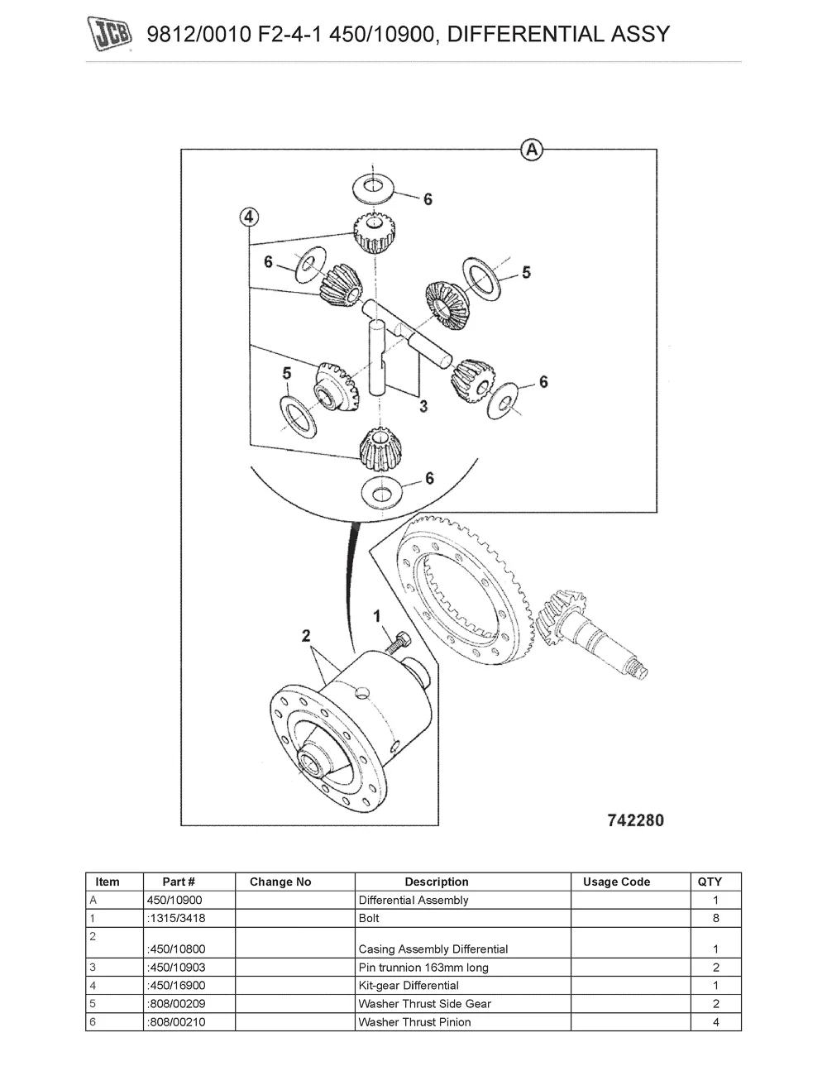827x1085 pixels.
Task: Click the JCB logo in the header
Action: (x=109, y=34)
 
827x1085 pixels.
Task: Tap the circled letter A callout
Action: (x=532, y=150)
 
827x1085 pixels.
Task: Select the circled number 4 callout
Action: (x=249, y=217)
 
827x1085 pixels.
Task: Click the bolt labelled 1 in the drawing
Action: (x=399, y=643)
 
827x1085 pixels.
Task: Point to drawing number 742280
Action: (x=635, y=820)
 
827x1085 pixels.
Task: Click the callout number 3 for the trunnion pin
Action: (x=423, y=406)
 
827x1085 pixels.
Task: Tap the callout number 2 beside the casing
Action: (x=305, y=635)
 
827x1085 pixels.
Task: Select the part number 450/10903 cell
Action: (x=176, y=968)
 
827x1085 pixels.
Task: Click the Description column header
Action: (x=436, y=882)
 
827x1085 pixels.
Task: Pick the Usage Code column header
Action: (x=616, y=882)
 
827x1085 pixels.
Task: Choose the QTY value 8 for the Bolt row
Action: (x=715, y=918)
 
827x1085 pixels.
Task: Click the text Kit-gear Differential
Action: (x=409, y=985)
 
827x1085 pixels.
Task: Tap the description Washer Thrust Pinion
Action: (x=414, y=1021)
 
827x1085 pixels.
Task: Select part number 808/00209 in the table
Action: (x=176, y=1003)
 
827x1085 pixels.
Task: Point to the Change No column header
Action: (x=280, y=882)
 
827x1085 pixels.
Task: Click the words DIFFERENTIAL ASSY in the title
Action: (x=558, y=34)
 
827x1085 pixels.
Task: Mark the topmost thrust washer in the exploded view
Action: (x=373, y=188)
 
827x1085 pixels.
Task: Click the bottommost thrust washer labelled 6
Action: (x=381, y=493)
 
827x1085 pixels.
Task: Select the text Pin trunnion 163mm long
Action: (x=423, y=968)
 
